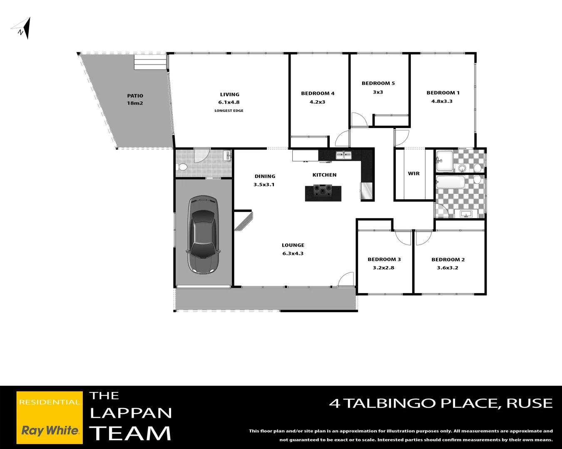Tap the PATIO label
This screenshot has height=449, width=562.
tap(135, 96)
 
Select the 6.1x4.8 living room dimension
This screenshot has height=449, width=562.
tap(229, 102)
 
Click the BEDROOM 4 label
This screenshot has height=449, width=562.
tap(318, 94)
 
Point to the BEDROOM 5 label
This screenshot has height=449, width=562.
tap(378, 83)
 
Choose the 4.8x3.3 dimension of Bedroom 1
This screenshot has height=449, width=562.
tap(442, 101)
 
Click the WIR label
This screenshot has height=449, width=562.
tap(414, 174)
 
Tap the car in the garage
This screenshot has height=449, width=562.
tap(203, 235)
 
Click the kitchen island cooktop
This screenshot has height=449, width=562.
tap(323, 191)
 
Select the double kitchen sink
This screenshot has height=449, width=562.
tap(343, 155)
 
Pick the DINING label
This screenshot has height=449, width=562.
tap(265, 176)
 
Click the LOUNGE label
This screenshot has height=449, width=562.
tap(293, 245)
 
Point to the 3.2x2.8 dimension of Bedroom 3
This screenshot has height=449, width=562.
tap(383, 268)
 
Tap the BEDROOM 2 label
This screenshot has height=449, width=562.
tap(448, 259)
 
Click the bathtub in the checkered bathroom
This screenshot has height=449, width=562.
tap(450, 182)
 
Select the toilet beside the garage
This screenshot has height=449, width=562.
tap(182, 167)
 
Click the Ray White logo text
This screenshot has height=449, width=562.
tap(50, 431)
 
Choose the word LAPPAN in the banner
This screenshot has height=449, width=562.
tap(131, 413)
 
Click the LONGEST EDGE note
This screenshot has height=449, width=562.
tap(229, 111)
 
